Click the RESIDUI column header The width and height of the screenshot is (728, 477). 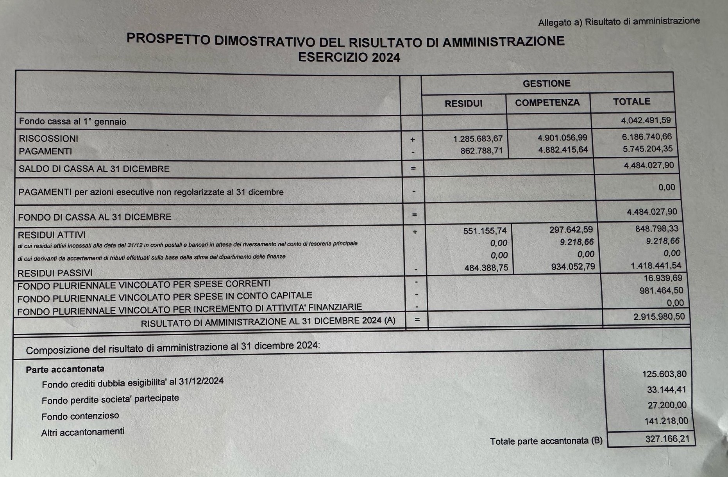[x=463, y=103]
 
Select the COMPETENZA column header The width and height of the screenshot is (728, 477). [x=547, y=103]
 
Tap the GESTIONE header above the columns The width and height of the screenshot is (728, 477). [x=546, y=84]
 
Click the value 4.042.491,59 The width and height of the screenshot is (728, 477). [x=646, y=120]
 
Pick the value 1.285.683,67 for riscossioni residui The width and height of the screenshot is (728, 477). [x=478, y=139]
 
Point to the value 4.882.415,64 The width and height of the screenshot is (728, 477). [x=563, y=150]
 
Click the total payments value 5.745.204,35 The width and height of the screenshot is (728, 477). [x=648, y=149]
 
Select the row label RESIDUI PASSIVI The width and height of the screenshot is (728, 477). [x=55, y=273]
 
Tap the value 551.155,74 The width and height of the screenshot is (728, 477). [x=485, y=231]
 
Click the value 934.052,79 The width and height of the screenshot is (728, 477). [x=573, y=267]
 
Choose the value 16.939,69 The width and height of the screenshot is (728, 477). [x=663, y=278]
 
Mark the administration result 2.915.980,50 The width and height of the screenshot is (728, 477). [x=659, y=317]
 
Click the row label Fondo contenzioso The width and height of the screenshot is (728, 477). [x=80, y=416]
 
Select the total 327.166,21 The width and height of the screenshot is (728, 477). [x=667, y=439]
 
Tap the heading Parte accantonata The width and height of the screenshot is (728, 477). [x=65, y=369]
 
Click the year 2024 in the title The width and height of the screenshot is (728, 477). [x=386, y=58]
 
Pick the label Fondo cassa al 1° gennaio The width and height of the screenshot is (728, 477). [x=73, y=122]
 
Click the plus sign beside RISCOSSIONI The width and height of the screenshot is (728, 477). [x=413, y=140]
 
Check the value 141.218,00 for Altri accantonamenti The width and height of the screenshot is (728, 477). [x=666, y=421]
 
